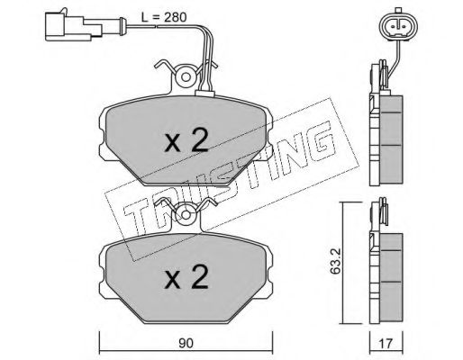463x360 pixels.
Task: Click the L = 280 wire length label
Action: tap(164, 17)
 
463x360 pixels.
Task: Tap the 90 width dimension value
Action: tap(186, 343)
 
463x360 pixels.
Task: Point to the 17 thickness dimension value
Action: tap(386, 343)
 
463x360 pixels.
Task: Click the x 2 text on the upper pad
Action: tap(186, 139)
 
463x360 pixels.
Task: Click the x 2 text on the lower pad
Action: tap(186, 276)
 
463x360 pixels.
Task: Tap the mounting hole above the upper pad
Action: tap(186, 77)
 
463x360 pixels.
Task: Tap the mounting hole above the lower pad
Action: tap(186, 215)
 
